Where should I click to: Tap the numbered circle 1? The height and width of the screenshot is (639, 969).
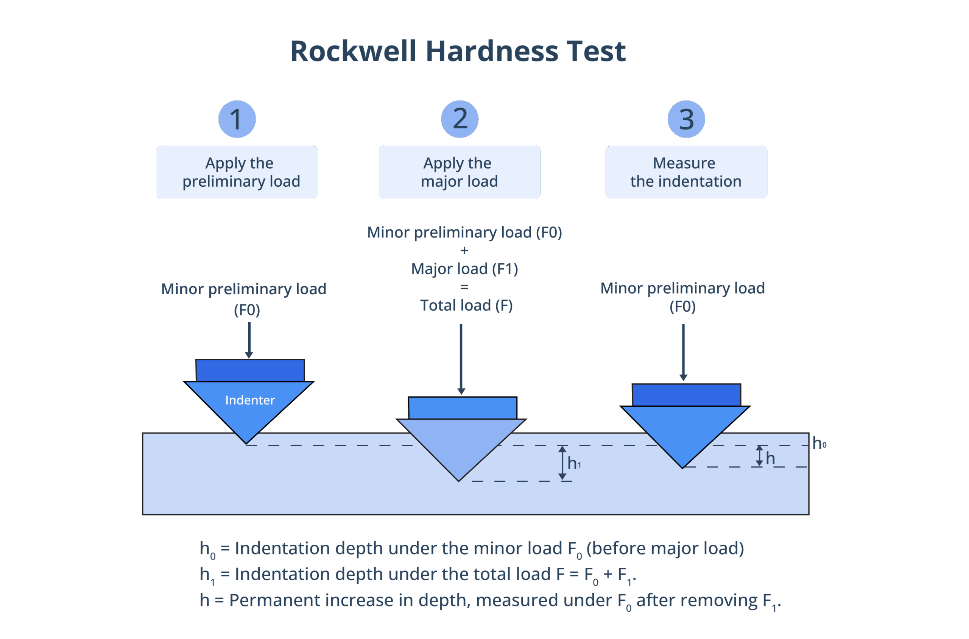tap(237, 119)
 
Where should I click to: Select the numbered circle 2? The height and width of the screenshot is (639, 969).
tap(460, 119)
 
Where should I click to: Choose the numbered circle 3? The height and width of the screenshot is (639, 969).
tap(686, 119)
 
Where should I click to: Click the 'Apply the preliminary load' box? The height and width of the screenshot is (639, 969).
tap(237, 172)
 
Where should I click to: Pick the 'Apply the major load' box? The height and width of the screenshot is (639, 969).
tap(460, 172)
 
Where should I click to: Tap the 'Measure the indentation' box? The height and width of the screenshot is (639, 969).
tap(686, 172)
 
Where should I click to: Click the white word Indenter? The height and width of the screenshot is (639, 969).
tap(250, 400)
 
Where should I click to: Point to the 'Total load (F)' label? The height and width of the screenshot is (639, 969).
tap(466, 305)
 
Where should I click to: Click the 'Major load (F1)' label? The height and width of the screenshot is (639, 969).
tap(464, 269)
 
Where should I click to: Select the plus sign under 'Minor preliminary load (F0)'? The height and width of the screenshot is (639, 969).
tap(464, 250)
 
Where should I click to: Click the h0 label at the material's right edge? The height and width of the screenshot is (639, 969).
tap(819, 444)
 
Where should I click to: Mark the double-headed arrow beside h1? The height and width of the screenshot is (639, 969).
tap(562, 462)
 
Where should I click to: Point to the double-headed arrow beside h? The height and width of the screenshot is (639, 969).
tap(759, 456)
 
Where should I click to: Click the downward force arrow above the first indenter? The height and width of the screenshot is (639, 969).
tap(249, 340)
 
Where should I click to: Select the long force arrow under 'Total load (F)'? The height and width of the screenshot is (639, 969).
tap(461, 359)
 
